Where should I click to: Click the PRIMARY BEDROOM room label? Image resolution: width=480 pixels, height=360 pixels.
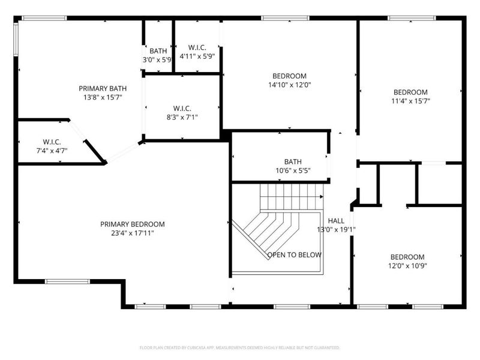132,224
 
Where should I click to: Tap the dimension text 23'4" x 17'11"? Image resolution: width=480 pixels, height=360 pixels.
132,233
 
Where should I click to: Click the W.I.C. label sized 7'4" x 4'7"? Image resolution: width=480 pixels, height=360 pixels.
52,142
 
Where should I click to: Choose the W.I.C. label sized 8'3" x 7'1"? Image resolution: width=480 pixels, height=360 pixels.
182,108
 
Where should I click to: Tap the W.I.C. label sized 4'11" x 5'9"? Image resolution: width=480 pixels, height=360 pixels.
197,47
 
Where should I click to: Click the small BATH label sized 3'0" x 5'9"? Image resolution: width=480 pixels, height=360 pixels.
158,51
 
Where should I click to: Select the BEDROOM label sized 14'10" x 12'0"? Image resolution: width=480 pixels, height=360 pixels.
289,76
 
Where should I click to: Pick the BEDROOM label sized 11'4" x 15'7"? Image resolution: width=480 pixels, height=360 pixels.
410,92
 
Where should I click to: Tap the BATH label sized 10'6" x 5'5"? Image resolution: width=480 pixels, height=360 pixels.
293,161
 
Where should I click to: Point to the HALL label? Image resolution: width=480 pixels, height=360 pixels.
336,220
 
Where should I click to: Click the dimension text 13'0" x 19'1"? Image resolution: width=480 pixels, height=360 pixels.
337,229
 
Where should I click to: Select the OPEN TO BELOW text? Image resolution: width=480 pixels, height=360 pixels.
294,255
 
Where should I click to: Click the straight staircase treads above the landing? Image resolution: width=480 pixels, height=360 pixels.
291,196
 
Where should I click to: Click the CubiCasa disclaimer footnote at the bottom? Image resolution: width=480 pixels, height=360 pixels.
240,347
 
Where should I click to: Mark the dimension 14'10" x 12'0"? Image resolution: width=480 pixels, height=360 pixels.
289,85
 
